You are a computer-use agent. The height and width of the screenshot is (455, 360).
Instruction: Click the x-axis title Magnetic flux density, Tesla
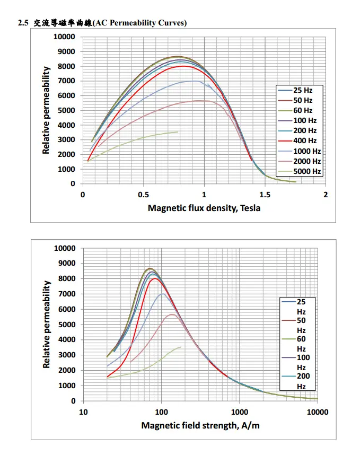204,208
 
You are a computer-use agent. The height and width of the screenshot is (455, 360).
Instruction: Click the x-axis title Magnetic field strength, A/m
200,425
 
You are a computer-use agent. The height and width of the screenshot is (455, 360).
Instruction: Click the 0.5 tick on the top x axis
143,195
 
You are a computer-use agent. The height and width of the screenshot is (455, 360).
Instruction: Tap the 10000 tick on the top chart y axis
64,37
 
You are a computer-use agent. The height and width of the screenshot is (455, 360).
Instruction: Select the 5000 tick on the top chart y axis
66,110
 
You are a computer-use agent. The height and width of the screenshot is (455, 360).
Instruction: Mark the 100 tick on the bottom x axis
161,412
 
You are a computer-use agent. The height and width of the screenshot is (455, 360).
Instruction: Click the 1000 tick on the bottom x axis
240,412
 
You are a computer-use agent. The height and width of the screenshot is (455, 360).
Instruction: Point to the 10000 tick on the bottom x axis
318,412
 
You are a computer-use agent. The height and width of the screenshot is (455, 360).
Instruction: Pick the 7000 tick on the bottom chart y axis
66,294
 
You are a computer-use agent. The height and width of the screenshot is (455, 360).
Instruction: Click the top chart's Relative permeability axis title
47,110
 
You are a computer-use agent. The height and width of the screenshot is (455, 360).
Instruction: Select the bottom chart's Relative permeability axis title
47,325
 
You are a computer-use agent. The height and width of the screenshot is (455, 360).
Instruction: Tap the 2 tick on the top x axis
326,195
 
